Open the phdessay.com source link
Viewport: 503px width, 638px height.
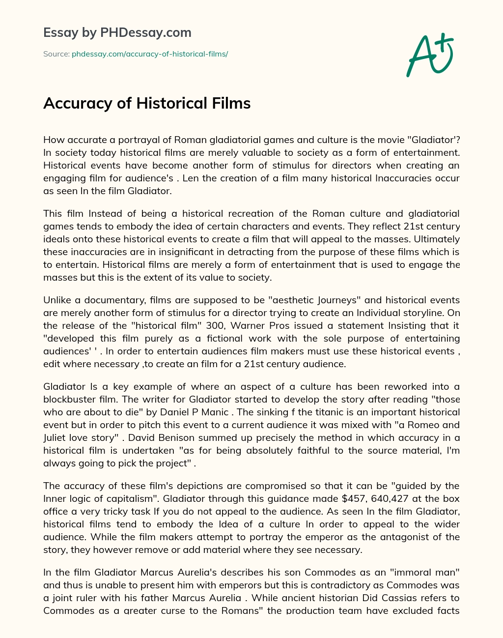150,54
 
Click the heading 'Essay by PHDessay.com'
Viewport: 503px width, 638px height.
117,33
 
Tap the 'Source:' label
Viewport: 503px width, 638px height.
56,54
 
